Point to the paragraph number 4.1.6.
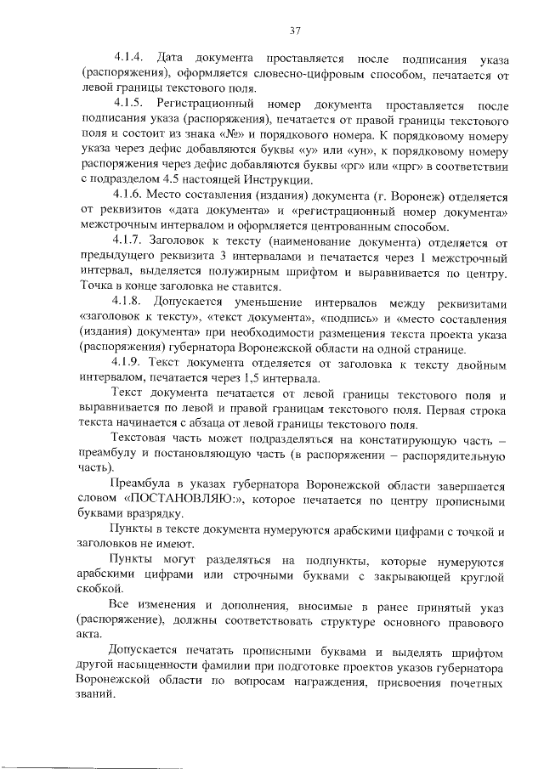coord(130,195)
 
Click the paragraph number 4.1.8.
coord(130,302)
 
